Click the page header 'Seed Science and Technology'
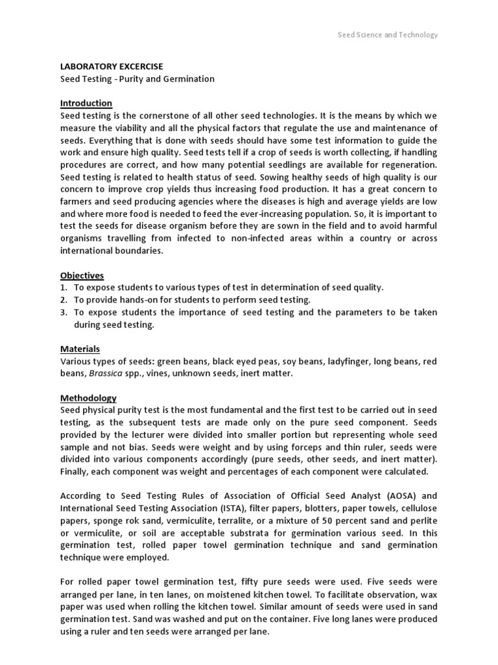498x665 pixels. (388, 35)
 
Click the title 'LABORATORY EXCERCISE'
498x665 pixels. (112, 66)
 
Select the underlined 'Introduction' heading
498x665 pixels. (86, 103)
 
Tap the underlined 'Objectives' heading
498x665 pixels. (82, 275)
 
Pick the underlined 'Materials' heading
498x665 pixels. (80, 349)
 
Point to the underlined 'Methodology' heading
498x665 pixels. (88, 397)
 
